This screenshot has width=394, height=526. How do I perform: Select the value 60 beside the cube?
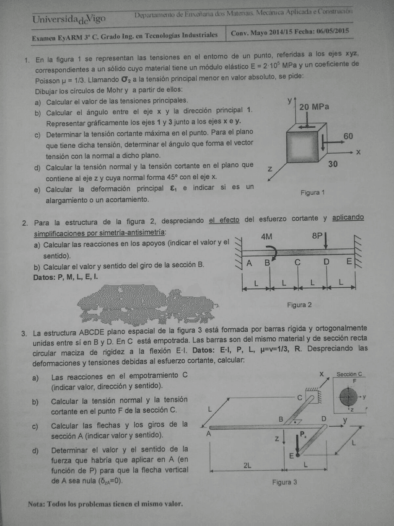348,136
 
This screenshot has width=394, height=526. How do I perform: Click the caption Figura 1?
312,193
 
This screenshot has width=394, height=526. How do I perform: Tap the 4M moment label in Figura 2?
266,236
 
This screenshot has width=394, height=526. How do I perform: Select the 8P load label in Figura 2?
318,236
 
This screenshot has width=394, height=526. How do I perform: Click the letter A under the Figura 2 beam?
249,262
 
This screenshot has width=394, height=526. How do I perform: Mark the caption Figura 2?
299,305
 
